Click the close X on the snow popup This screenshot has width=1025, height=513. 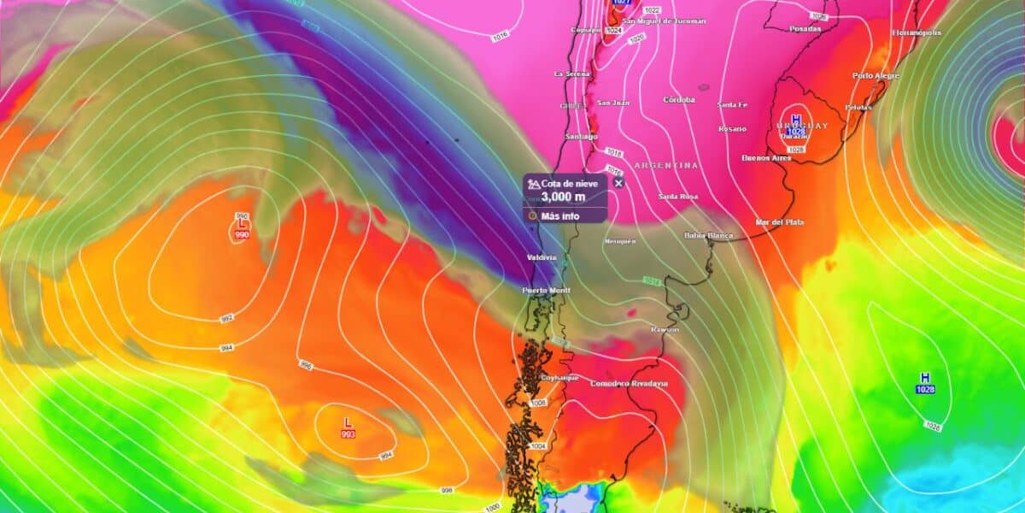click(618, 182)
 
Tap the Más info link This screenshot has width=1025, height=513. click(559, 215)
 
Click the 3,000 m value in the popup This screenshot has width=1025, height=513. click(563, 197)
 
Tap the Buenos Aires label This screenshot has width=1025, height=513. click(766, 158)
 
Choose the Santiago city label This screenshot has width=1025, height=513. click(581, 137)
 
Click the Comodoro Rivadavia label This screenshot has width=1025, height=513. click(630, 384)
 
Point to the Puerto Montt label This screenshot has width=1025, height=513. click(546, 291)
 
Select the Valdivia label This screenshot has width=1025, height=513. click(541, 257)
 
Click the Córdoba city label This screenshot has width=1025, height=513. click(679, 100)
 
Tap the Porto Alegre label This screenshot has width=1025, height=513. click(876, 76)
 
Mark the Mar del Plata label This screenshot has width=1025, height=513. click(779, 222)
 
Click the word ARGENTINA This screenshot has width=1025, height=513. click(666, 165)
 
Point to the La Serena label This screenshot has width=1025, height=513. click(571, 74)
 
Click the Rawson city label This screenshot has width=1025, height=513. click(664, 330)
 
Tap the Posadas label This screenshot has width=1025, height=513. click(805, 28)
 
